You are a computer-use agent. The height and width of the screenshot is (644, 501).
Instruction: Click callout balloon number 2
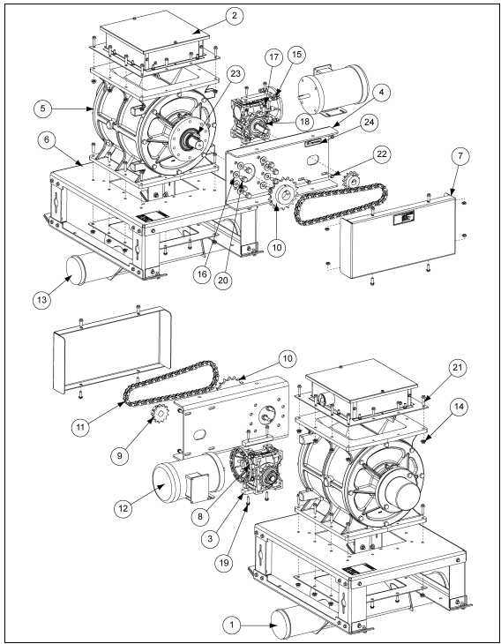[x=234, y=16]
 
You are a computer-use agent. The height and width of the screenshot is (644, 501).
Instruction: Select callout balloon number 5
[x=43, y=109]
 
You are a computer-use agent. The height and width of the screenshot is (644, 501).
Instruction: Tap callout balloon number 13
[x=41, y=300]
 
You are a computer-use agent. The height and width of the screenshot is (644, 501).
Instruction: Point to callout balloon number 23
[x=236, y=73]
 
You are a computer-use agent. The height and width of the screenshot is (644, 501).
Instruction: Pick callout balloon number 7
[x=460, y=156]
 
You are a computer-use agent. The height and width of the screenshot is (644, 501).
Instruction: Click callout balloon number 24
[x=370, y=122]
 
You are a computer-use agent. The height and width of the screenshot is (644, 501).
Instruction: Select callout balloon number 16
[x=202, y=274]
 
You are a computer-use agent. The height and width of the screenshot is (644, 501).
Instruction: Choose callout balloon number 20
[x=223, y=281]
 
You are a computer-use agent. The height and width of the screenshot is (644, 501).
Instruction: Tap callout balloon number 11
[x=80, y=427]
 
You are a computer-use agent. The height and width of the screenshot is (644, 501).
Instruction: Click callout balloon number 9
[x=119, y=456]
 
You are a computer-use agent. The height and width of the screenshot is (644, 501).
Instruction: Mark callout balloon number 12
[x=123, y=508]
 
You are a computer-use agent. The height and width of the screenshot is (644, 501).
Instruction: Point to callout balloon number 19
[x=224, y=563]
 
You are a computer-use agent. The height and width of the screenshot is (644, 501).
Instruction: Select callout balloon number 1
[x=232, y=625]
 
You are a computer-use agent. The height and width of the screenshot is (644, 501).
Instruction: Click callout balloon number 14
[x=460, y=407]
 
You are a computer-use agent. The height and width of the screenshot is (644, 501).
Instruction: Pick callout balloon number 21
[x=458, y=368]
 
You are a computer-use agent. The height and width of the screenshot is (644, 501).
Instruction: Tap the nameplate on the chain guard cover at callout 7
[x=404, y=217]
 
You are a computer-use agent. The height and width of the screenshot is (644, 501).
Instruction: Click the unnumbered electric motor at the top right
[x=333, y=90]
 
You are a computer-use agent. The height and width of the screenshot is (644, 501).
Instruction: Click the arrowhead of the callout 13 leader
[x=69, y=279]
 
